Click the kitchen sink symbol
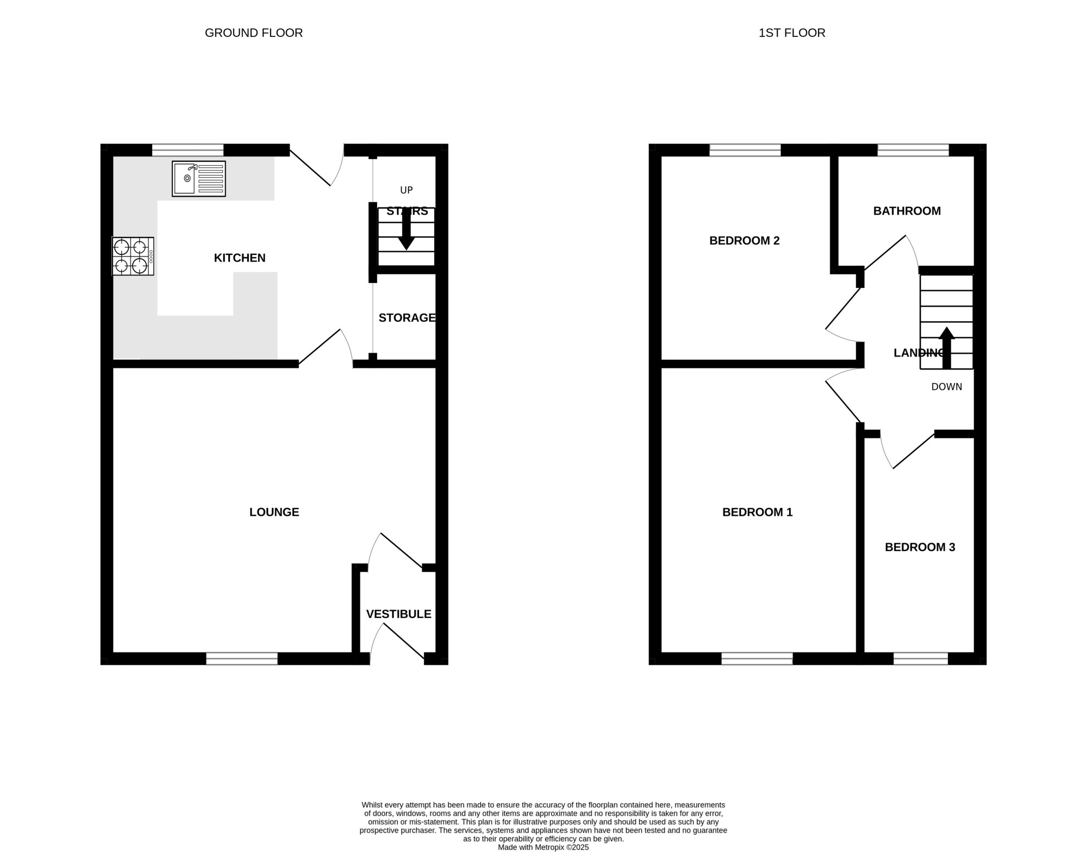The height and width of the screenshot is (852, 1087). [199, 179]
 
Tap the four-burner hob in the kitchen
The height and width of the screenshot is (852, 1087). [133, 256]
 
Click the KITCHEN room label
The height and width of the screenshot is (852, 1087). [240, 258]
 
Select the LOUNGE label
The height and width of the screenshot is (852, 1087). [274, 512]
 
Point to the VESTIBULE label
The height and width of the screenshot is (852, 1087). [399, 614]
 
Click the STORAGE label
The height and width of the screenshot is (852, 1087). [407, 318]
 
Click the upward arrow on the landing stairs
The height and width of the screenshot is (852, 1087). [947, 348]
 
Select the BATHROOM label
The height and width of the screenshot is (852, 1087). [907, 211]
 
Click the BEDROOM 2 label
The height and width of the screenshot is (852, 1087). [745, 241]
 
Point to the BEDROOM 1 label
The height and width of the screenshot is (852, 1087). [758, 512]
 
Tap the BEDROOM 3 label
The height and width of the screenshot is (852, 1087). [920, 547]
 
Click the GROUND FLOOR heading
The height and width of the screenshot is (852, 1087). [254, 33]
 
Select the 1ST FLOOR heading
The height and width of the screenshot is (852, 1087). [792, 33]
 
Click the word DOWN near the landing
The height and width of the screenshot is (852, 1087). [947, 387]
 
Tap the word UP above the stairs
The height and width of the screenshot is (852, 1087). [407, 190]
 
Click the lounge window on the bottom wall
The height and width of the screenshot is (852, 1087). [242, 659]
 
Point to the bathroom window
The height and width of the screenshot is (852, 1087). [913, 150]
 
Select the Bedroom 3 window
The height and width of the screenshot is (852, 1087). [921, 659]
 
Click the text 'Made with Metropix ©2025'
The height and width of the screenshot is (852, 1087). [543, 847]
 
